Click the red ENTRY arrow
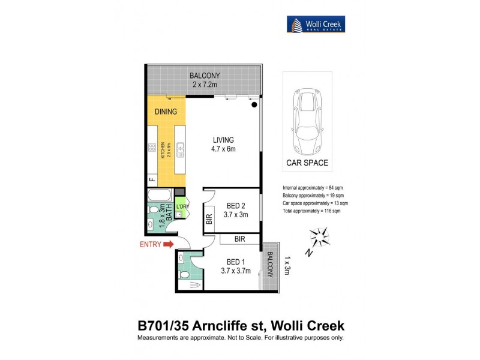pyautogui.click(x=167, y=244)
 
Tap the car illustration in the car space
pyautogui.click(x=307, y=120)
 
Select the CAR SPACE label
pyautogui.click(x=307, y=163)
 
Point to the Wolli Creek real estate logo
pyautogui.click(x=315, y=24)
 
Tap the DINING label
pyautogui.click(x=166, y=112)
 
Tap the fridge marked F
pyautogui.click(x=152, y=179)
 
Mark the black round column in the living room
pyautogui.click(x=254, y=105)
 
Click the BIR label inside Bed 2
pyautogui.click(x=209, y=220)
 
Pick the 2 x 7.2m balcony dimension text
pyautogui.click(x=205, y=85)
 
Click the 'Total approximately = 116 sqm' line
pyautogui.click(x=311, y=211)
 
